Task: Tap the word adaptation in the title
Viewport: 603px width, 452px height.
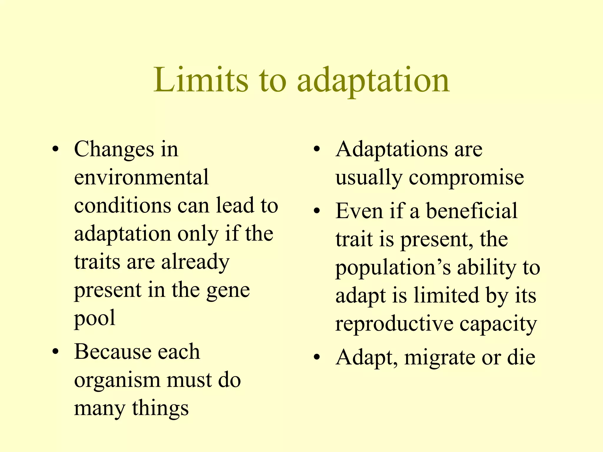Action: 373,81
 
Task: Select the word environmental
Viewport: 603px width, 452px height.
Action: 141,177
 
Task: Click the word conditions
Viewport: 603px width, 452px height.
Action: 122,205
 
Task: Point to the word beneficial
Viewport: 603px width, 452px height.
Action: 472,211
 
